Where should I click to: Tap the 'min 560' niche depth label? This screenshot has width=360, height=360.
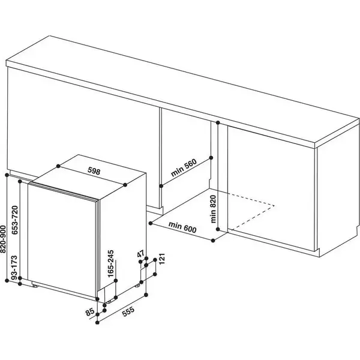click(x=184, y=166)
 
